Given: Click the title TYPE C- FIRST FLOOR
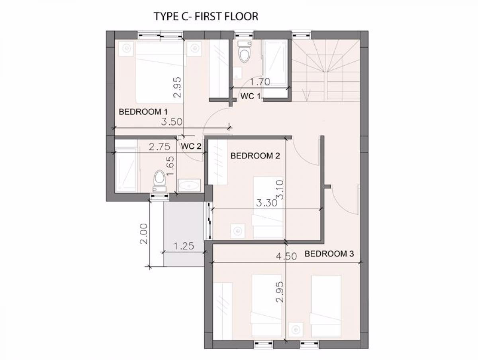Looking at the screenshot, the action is click(206, 17).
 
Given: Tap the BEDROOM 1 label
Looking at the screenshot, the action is click(143, 112).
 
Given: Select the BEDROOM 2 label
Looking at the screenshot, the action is click(255, 156).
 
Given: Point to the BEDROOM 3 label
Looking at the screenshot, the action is click(329, 254).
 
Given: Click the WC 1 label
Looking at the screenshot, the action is click(251, 96).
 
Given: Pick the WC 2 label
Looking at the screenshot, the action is click(191, 146).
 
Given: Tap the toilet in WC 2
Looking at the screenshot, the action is click(160, 181).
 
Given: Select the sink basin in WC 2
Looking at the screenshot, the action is click(189, 185).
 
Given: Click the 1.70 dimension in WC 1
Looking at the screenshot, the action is click(260, 82).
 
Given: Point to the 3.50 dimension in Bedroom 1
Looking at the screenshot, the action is click(172, 122).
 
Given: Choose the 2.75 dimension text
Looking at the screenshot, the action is click(159, 147).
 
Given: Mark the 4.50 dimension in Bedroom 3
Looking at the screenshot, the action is click(286, 256).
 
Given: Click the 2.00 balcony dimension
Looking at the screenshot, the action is click(144, 234).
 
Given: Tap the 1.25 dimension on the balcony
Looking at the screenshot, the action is click(184, 246).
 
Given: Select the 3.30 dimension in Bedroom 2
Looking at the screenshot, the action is click(266, 203).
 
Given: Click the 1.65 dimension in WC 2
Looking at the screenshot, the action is click(170, 166).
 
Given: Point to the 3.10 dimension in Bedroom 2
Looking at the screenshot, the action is click(280, 190).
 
